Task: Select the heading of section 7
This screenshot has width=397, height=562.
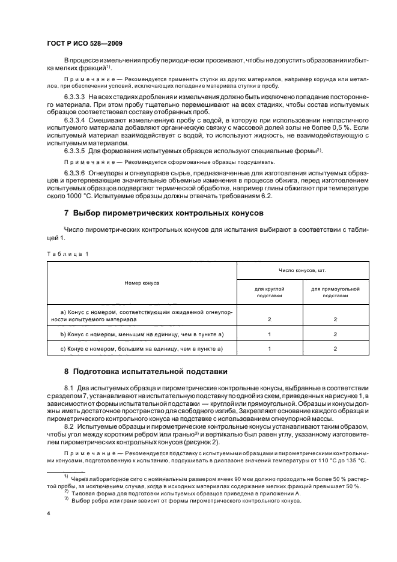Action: point(154,213)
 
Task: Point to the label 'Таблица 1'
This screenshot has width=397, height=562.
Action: point(67,254)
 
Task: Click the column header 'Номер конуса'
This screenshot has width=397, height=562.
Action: point(142,282)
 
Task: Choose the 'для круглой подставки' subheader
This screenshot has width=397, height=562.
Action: point(268,292)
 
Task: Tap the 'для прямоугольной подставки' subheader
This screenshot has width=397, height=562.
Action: point(335,292)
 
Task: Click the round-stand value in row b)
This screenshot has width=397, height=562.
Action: point(268,334)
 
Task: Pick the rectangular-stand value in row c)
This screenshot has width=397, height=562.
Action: point(335,348)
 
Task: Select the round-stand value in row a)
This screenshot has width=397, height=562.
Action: point(268,319)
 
